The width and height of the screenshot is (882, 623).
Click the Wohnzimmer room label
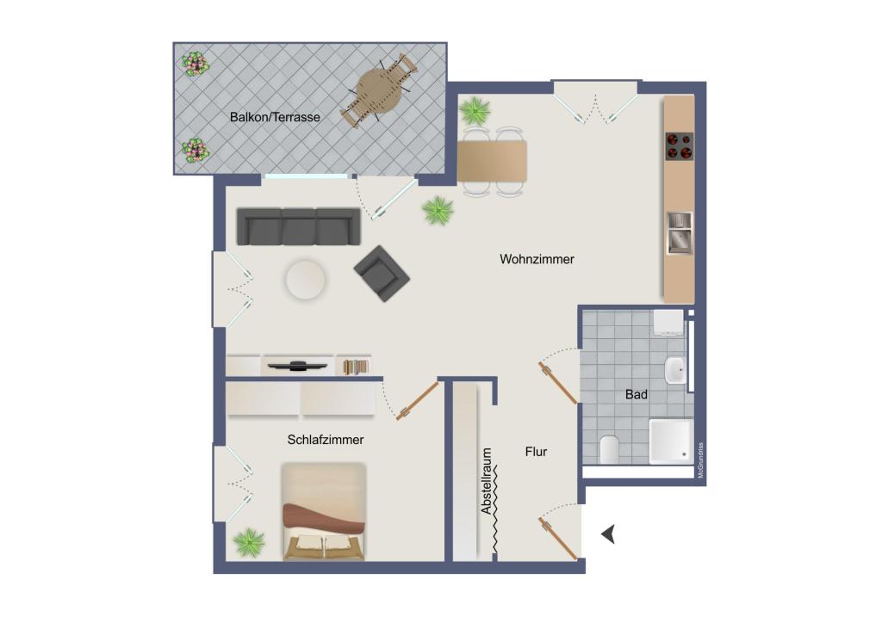pos(537,259)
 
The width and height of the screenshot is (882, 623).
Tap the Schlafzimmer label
pos(326,440)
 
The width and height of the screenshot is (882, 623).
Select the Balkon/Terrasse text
pos(275,116)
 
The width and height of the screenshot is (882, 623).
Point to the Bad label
pos(637,395)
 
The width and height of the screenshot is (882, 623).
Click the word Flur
pos(536,451)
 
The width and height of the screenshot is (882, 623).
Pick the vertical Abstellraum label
pos(487,481)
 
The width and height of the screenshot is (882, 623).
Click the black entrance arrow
pos(608,534)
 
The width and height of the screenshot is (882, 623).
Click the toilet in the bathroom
pos(609,449)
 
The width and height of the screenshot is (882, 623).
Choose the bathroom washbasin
pos(675,371)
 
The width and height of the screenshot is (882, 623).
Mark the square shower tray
pos(670,441)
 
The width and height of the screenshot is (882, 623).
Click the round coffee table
pos(306,280)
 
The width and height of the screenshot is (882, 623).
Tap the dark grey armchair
pos(381,274)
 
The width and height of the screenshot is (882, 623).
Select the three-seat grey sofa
pos(298,226)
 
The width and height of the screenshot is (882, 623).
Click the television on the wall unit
pos(298,365)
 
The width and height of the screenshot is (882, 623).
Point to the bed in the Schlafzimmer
pos(324,511)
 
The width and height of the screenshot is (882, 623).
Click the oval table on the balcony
pos(379,89)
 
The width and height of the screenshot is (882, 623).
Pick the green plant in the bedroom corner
pos(249,541)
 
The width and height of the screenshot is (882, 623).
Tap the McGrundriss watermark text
pos(701,460)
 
